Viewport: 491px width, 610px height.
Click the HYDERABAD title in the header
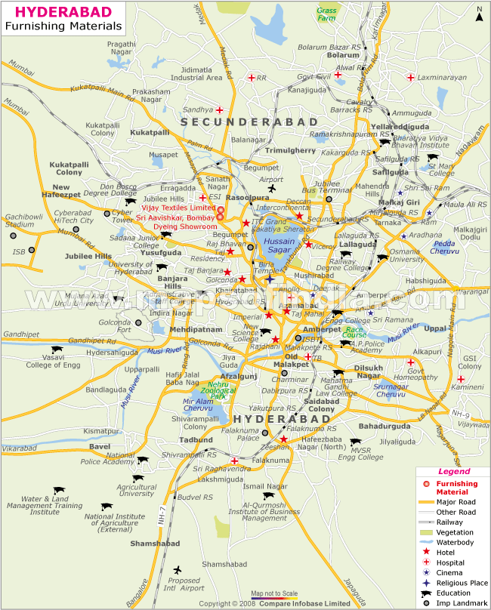[63, 12]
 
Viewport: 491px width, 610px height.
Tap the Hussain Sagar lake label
[279, 245]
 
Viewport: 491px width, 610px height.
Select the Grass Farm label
[327, 14]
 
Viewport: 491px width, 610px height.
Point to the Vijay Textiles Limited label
[177, 208]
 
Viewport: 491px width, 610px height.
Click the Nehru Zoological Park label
[220, 390]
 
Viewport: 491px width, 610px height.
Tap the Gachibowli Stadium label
[19, 220]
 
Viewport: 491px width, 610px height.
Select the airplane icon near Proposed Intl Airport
[178, 569]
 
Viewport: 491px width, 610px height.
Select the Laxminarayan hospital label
[440, 77]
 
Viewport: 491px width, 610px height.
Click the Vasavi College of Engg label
[53, 361]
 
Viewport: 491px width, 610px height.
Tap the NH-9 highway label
[460, 414]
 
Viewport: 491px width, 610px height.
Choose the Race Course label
[355, 331]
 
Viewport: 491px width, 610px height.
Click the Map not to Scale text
[274, 594]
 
